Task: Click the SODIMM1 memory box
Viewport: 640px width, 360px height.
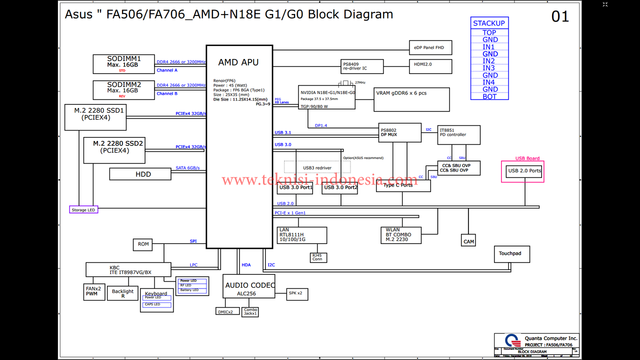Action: click(124, 64)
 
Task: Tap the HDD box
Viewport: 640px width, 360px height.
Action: click(143, 174)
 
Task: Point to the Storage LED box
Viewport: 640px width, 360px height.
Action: click(83, 210)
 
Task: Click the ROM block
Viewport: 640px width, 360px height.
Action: click(143, 244)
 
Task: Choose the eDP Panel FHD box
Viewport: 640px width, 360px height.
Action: click(430, 48)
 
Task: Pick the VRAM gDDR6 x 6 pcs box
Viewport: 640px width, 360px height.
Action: click(411, 99)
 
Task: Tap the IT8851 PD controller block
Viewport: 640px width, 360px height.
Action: click(458, 135)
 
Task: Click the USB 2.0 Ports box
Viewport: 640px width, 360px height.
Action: click(524, 171)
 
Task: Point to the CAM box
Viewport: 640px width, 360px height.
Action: click(468, 241)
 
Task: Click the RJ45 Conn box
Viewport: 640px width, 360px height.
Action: click(317, 257)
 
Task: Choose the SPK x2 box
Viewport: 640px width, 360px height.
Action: click(297, 294)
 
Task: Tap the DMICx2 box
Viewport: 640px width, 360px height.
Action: click(225, 311)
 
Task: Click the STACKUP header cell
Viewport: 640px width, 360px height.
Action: click(489, 23)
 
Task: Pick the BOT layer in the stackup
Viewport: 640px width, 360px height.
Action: click(489, 96)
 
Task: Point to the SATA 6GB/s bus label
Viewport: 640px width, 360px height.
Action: click(187, 168)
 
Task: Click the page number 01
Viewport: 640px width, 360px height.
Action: click(560, 17)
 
